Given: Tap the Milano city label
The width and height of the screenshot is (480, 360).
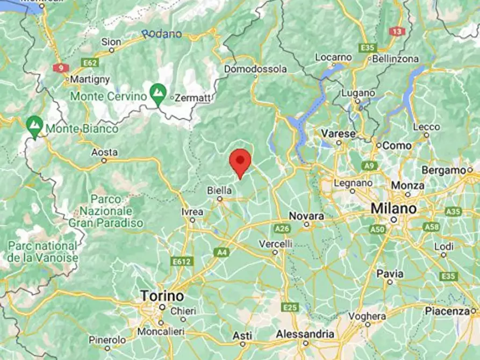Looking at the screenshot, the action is [393, 208].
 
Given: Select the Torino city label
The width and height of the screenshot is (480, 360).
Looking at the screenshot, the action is [162, 296].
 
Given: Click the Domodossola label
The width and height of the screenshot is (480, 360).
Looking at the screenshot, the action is [255, 69].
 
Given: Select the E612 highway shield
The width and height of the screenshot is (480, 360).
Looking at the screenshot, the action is [182, 261].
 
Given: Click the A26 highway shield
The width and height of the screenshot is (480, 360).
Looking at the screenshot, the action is [282, 229].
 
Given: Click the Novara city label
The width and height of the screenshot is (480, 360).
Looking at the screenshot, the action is [306, 215].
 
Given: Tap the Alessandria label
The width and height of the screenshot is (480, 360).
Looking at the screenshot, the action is [305, 334].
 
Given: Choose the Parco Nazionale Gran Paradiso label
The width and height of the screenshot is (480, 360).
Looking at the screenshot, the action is [106, 211].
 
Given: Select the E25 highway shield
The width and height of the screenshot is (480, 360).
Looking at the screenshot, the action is [290, 307].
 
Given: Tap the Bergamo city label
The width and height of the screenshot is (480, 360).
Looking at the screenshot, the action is [444, 170].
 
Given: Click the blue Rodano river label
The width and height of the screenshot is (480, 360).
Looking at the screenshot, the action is [162, 34].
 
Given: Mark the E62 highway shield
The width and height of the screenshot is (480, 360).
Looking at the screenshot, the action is [90, 63].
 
